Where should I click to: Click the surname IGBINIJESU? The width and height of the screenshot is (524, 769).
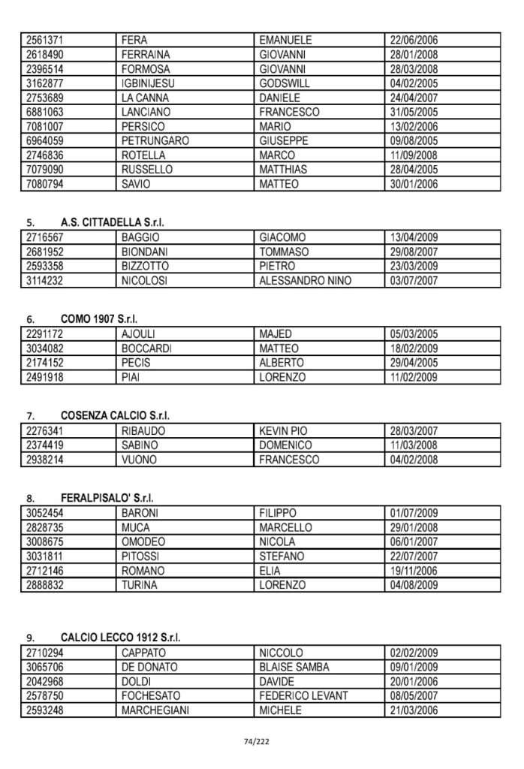coord(148,83)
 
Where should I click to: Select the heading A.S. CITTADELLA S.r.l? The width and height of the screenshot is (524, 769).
coord(112,222)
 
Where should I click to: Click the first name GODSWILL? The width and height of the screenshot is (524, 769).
coord(285,83)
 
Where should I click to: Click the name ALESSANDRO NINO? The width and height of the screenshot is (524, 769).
coord(305,281)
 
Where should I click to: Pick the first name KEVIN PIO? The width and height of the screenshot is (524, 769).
coord(283,431)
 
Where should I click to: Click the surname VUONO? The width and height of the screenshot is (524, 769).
coord(139,460)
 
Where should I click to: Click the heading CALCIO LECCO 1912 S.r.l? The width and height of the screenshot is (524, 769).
coord(121,638)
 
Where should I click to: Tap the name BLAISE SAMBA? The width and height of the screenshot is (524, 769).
coord(294,667)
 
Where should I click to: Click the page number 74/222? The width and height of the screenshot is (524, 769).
coord(257,742)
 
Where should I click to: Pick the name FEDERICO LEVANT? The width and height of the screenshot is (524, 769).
coord(303,696)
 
